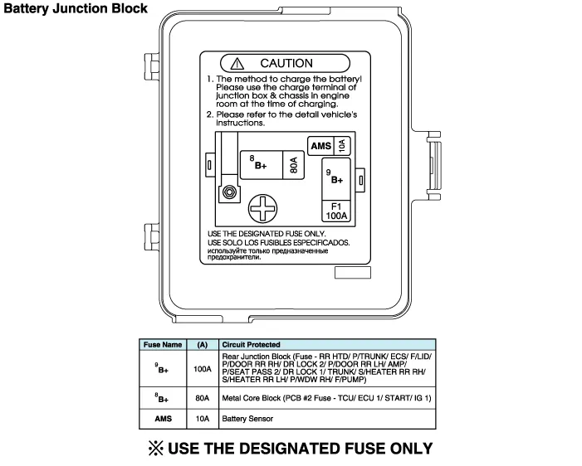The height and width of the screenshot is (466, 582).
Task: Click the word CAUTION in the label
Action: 286,63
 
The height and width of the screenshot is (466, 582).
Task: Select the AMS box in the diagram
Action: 320,146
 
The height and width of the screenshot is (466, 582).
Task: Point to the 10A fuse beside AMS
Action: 343,146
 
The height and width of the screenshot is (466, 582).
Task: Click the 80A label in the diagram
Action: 293,165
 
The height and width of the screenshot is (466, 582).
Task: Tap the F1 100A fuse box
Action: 337,211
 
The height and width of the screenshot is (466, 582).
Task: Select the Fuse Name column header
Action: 163,344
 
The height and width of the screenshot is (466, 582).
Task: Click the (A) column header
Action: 202,344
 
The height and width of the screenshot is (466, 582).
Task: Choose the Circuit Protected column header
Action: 251,344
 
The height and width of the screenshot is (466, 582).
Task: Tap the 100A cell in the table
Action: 202,369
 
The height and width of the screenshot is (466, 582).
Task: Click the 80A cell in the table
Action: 202,399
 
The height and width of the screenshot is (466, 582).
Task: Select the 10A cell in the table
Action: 202,420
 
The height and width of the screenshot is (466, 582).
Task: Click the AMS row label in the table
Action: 163,420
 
